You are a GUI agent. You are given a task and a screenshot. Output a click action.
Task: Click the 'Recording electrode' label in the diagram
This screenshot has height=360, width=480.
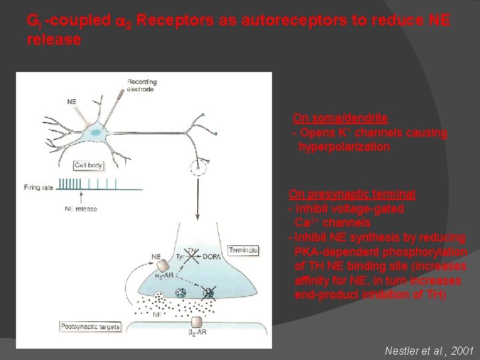coord(143,85)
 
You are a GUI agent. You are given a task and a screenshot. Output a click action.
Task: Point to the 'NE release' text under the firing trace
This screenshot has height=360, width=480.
coord(81,209)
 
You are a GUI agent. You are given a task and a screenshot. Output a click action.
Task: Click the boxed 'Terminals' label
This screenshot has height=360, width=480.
coord(243,251)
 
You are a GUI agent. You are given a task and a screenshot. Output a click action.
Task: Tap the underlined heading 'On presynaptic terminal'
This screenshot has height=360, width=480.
coord(352,194)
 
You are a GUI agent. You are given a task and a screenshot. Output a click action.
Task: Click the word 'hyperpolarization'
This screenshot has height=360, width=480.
coord(344,147)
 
